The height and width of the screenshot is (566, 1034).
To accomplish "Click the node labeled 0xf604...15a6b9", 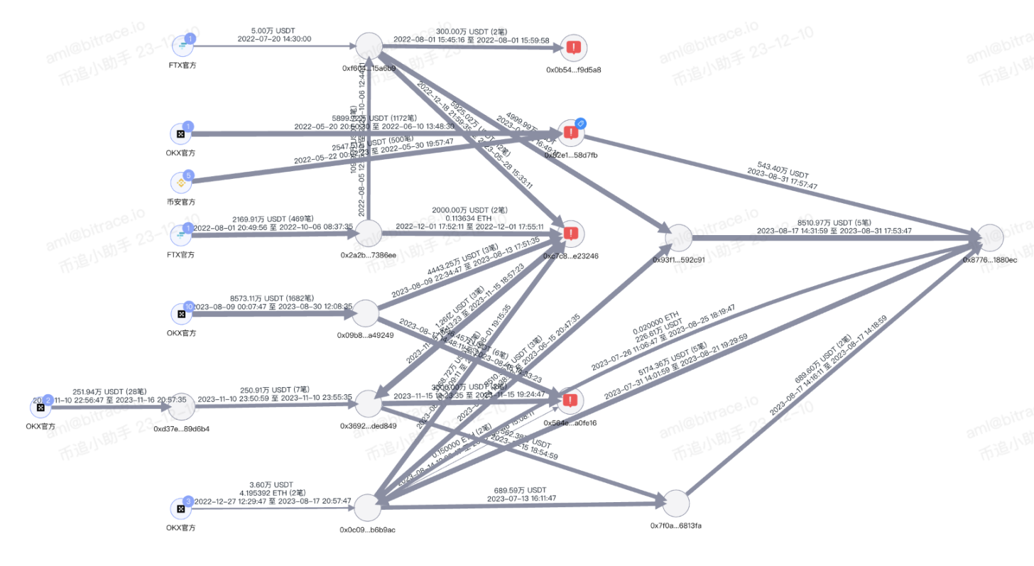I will point(369,46).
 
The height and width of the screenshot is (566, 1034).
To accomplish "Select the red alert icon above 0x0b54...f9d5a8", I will point(574,48).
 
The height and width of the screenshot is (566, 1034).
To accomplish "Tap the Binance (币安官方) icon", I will point(181,183).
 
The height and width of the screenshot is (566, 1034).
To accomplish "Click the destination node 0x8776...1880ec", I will point(990,239).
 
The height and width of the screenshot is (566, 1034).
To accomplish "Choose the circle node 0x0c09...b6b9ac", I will point(368,508).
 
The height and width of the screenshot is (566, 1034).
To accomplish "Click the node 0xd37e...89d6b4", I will point(181,406).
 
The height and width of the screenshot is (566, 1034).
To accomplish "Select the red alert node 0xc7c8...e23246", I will point(573,233).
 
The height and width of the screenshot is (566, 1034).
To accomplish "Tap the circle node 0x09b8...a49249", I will point(366,313).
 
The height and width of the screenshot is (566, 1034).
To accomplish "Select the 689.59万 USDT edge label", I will point(521,489).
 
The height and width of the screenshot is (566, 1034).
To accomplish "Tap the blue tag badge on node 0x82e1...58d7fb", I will point(579,123).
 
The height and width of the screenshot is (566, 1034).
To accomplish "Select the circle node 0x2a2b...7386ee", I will point(368,233).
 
